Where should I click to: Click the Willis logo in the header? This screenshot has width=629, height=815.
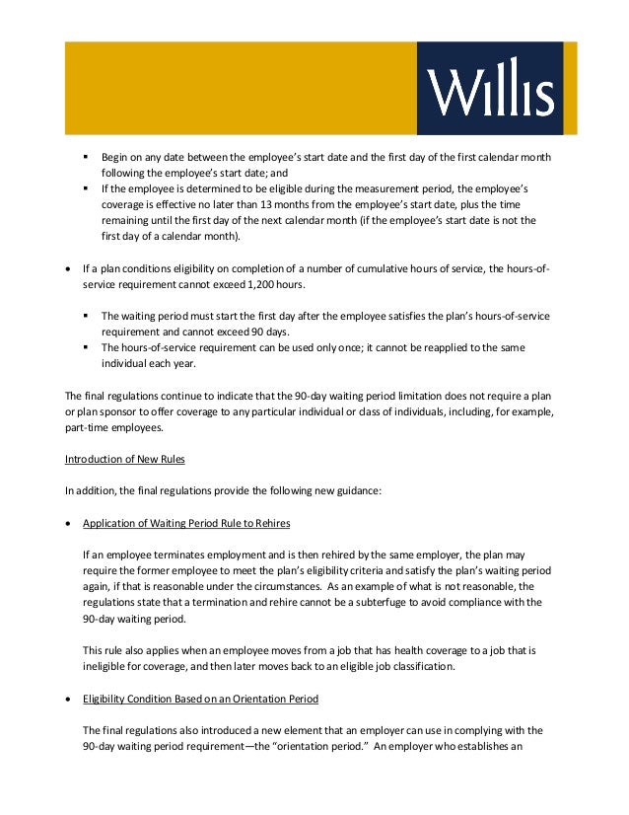point(489,90)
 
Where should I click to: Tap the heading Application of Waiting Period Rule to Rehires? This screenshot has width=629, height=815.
point(186,522)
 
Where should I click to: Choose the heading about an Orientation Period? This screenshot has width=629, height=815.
point(200,699)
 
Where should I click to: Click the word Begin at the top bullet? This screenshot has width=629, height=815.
point(117,158)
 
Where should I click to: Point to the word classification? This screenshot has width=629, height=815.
point(421,666)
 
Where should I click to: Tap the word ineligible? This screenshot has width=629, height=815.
point(106,666)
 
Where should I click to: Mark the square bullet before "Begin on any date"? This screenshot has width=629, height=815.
point(86,158)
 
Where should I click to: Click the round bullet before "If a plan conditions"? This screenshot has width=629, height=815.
point(67,268)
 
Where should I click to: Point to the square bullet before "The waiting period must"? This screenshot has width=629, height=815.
point(86,316)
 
